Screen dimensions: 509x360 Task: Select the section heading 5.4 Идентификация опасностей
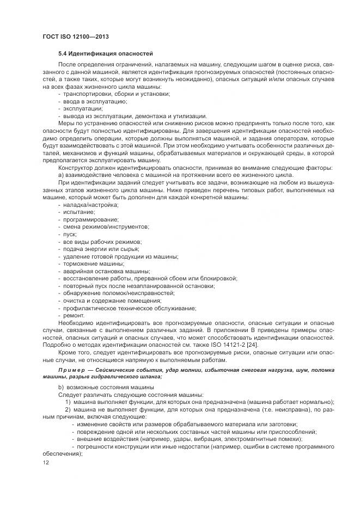point(106,54)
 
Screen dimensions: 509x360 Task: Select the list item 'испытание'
point(80,212)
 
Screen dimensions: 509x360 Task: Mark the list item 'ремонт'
point(74,315)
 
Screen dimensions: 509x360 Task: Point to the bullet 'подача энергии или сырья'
point(96,249)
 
